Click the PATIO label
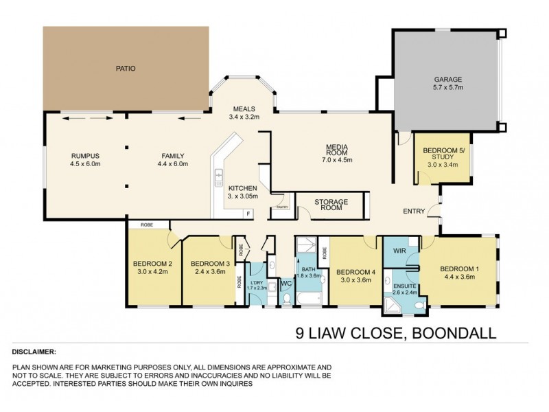126,69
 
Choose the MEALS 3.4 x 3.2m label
244,113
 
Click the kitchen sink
219,176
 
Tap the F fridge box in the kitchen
248,214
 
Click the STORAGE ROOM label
331,206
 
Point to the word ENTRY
414,211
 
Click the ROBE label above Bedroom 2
148,225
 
